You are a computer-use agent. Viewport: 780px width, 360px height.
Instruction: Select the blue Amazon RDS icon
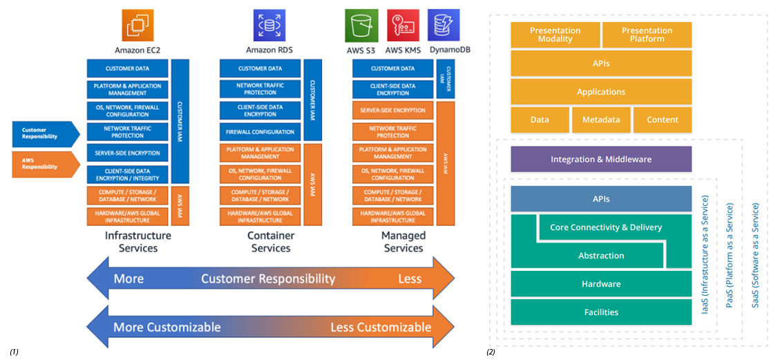coord(269,26)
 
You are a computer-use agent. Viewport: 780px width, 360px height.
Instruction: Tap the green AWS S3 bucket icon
coord(361,26)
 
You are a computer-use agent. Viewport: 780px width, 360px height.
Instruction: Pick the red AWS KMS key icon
coord(403,26)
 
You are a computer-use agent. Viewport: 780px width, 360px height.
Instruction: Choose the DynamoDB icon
coord(443,26)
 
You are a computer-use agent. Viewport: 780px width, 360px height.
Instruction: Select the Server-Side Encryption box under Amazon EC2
coord(128,153)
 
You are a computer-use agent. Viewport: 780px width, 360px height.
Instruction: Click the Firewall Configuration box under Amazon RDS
coord(260,132)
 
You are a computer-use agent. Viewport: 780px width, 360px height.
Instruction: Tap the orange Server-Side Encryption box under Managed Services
coord(393,111)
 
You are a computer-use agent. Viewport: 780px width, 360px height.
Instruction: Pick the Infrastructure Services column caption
coord(138,242)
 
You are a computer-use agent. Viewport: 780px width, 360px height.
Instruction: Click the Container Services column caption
coord(271,242)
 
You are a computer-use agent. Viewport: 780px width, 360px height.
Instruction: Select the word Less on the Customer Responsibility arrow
coord(410,279)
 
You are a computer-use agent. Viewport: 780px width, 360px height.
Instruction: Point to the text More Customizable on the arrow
coord(167,327)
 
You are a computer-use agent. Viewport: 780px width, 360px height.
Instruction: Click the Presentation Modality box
coord(555,35)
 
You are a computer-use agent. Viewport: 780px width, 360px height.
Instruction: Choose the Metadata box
coord(601,120)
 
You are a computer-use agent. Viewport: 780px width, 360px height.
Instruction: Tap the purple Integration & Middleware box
coord(600,160)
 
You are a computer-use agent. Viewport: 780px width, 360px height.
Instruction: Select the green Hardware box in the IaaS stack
coord(600,284)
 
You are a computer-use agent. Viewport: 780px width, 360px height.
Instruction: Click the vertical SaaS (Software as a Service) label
coord(755,255)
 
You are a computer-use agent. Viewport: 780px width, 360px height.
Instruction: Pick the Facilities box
coord(600,312)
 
